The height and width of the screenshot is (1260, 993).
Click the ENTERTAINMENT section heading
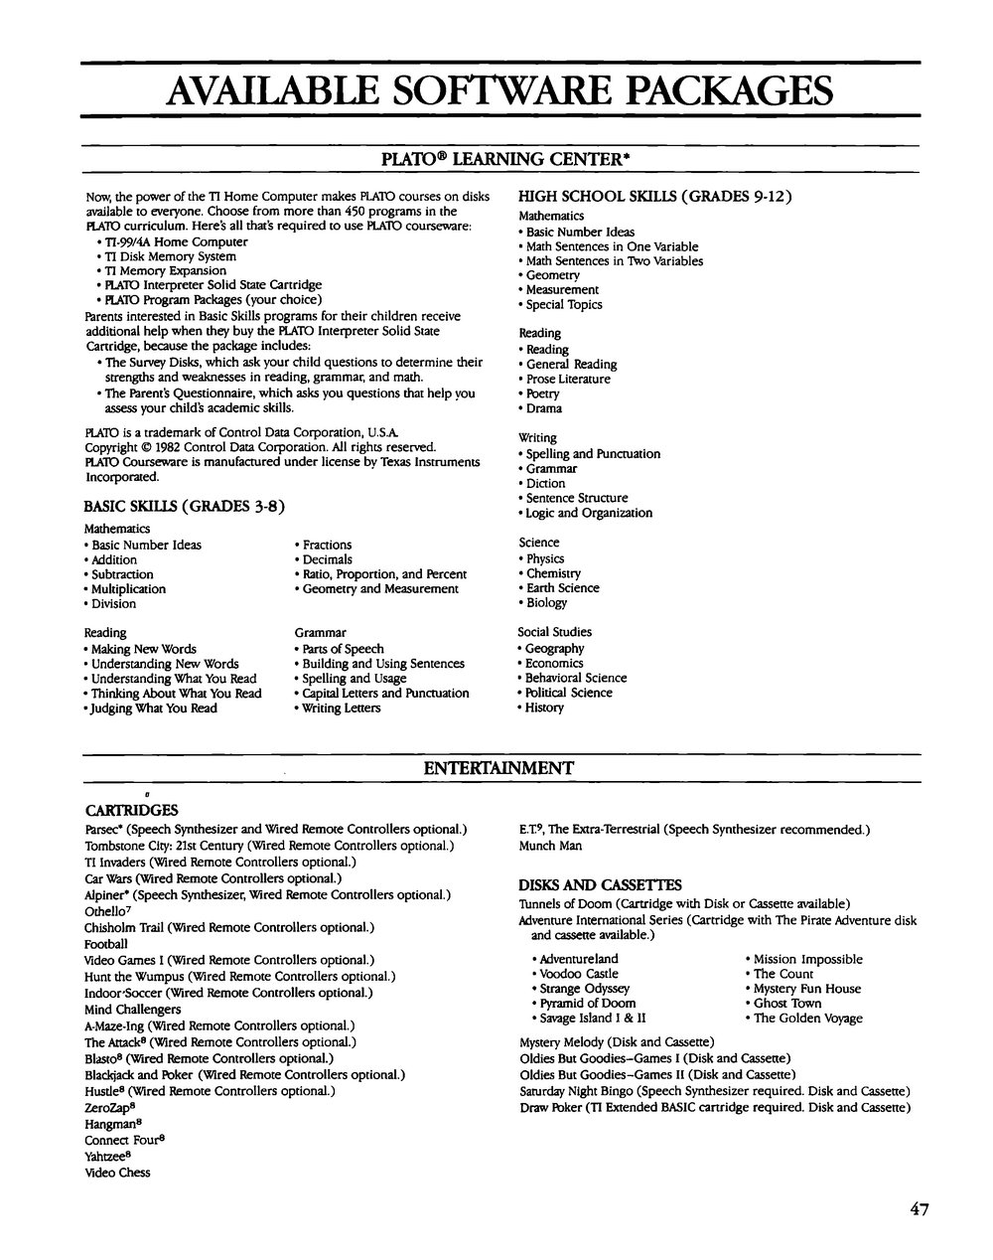[498, 768]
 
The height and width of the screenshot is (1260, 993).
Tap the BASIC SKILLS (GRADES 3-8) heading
[185, 506]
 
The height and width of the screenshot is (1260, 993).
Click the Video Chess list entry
[117, 1173]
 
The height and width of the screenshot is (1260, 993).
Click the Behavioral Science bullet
[576, 678]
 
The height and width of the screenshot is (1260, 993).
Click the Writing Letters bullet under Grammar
[341, 708]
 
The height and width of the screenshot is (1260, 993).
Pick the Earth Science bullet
[562, 587]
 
